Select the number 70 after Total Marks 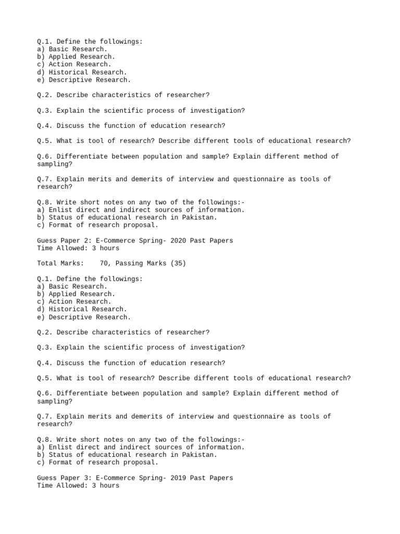[x=105, y=263]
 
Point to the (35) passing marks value [x=176, y=263]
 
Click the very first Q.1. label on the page [x=45, y=41]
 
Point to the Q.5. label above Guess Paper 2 [x=45, y=141]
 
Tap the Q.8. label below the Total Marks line [x=45, y=440]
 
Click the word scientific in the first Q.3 [x=123, y=111]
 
